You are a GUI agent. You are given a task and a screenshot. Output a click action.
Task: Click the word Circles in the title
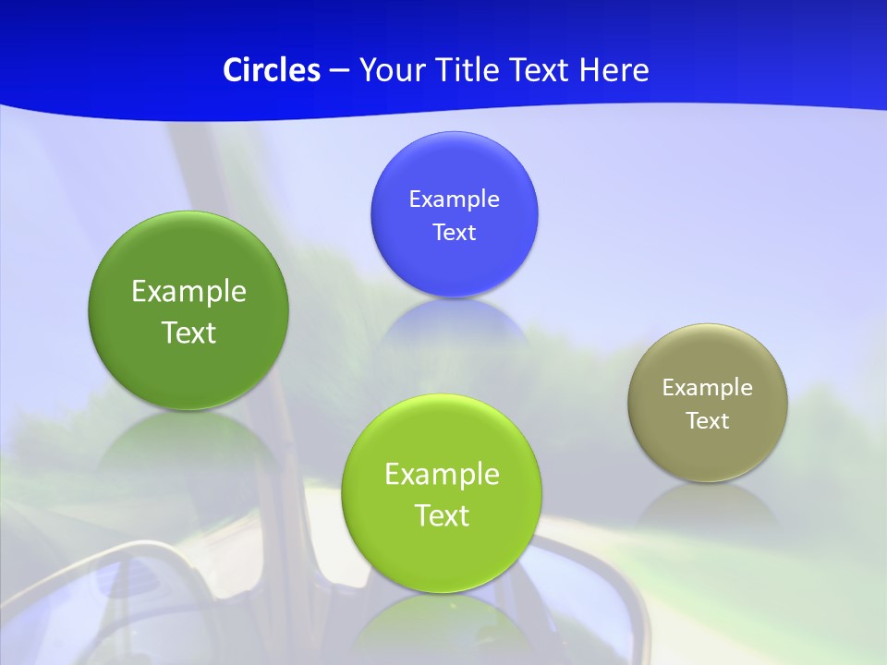(x=272, y=70)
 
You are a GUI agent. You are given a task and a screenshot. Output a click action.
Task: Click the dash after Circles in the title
(x=339, y=71)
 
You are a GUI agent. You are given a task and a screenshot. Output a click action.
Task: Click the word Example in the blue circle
(x=454, y=199)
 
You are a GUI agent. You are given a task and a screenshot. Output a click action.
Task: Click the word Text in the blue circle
(x=454, y=233)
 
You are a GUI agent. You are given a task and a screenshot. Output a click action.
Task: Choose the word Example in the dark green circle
(x=188, y=292)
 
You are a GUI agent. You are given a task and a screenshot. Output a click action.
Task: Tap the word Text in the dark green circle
(x=188, y=332)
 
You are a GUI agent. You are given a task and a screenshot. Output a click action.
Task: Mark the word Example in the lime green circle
(x=442, y=475)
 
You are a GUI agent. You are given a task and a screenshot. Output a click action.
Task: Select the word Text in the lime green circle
(x=442, y=515)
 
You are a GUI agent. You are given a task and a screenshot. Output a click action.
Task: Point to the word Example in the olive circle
(x=708, y=388)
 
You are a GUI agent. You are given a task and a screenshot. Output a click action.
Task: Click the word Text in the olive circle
(x=708, y=421)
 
